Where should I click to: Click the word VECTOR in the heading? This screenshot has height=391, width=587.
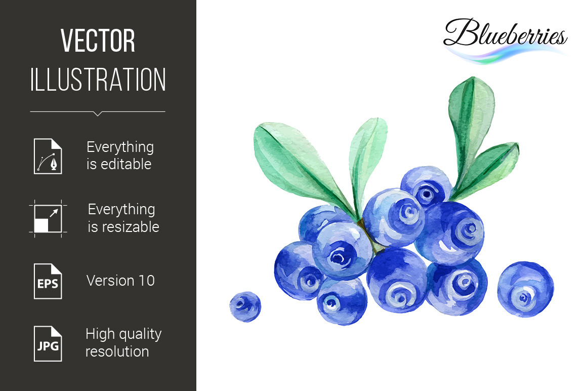click(98, 41)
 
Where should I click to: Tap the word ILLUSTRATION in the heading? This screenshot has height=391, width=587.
click(98, 80)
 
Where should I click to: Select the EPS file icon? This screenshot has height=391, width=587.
click(48, 281)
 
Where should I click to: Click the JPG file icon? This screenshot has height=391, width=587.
click(48, 344)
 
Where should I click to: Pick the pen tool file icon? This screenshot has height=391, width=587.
click(48, 156)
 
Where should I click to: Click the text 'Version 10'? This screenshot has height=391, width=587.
click(120, 281)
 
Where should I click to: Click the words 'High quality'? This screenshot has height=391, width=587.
click(123, 334)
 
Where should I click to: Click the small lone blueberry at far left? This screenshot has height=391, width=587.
click(245, 306)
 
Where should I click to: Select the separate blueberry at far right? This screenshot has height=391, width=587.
click(525, 289)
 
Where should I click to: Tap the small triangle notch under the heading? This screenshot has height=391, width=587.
click(98, 113)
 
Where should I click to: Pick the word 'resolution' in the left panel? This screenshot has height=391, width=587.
click(117, 351)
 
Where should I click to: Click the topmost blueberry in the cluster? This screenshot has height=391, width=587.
click(427, 186)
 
